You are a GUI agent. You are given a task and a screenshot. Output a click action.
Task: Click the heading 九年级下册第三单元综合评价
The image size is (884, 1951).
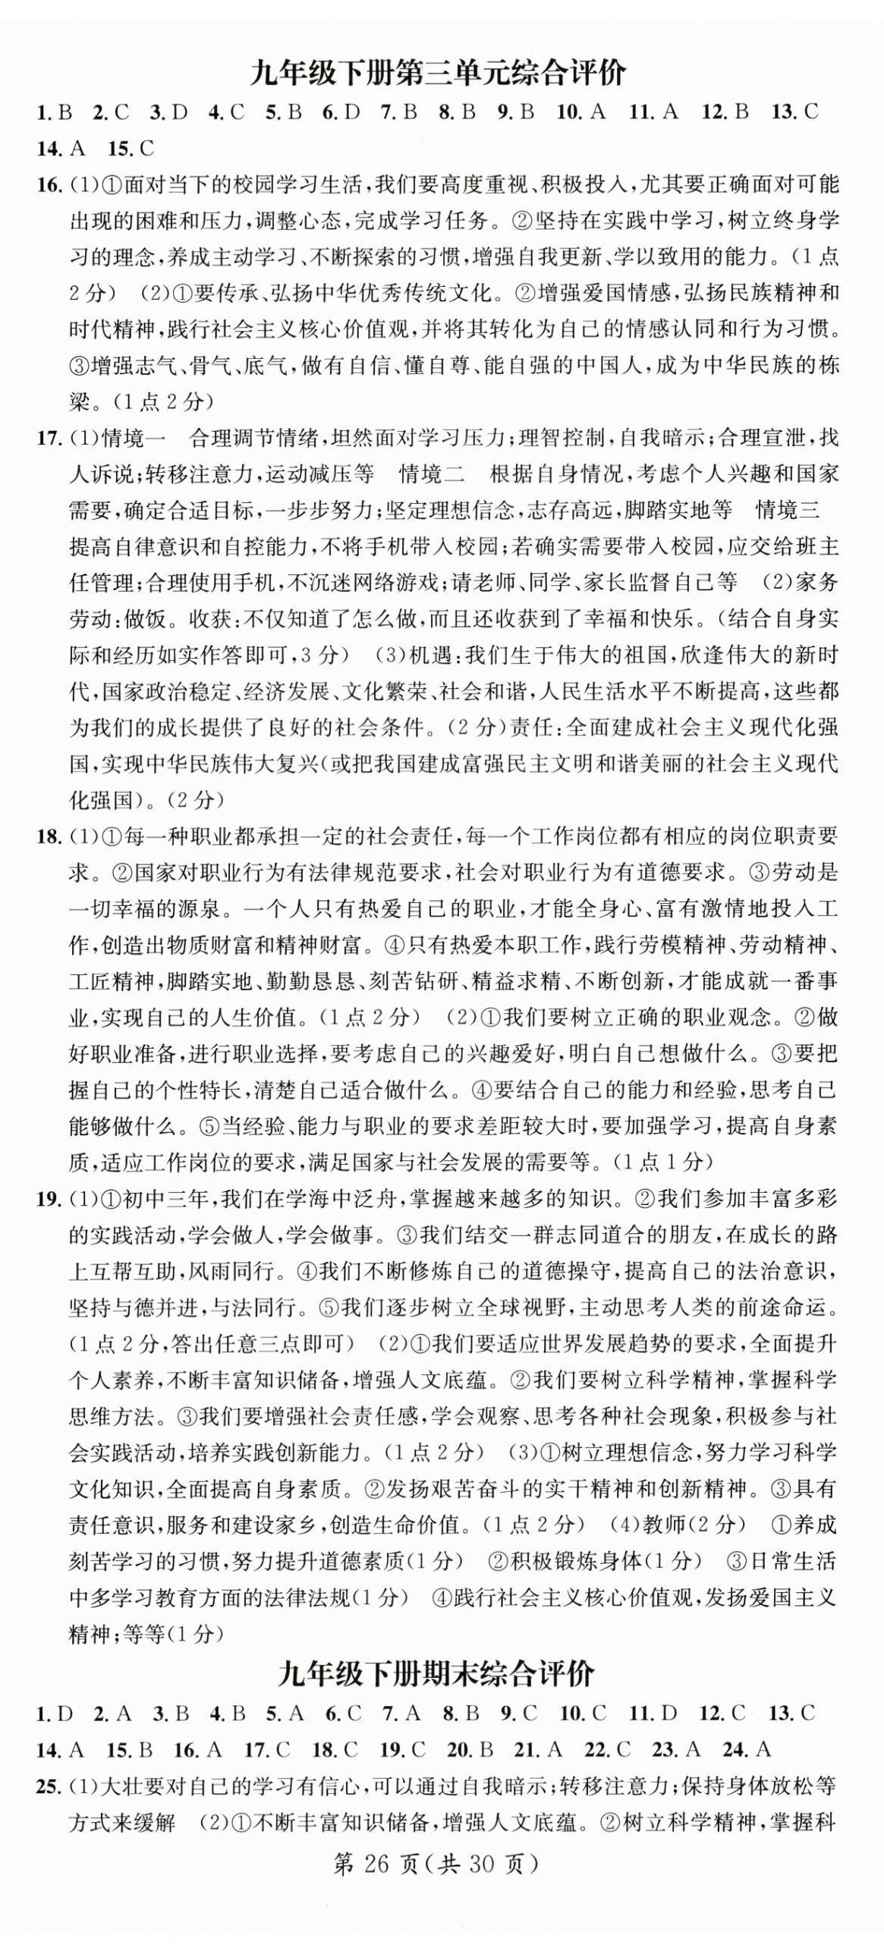(x=438, y=74)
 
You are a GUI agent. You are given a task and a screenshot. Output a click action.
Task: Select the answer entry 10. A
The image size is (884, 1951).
(x=581, y=112)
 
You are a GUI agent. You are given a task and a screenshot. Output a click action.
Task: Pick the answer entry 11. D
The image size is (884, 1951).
(x=653, y=1713)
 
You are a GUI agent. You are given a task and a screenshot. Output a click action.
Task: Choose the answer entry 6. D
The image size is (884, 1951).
(x=341, y=112)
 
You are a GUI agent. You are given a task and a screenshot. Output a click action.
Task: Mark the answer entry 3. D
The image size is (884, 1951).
(x=168, y=112)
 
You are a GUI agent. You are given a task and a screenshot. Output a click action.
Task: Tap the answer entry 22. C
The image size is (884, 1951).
(x=608, y=1749)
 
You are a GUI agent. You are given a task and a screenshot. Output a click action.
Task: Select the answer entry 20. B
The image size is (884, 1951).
(x=470, y=1749)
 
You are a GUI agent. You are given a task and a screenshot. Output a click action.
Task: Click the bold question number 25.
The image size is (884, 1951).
(x=48, y=1786)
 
